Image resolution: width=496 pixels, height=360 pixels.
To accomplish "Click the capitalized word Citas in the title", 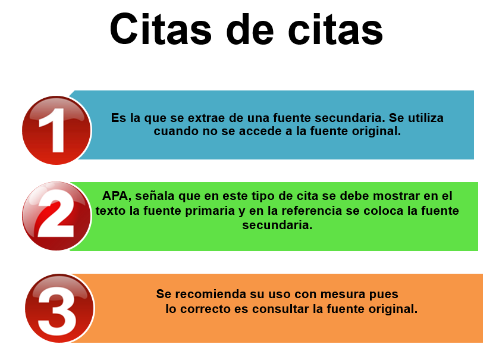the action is click(161, 29).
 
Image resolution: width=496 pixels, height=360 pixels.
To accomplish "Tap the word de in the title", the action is click(250, 29).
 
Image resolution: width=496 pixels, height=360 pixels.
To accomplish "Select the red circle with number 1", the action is click(56, 130).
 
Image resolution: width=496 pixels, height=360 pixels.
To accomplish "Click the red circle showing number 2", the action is click(56, 216).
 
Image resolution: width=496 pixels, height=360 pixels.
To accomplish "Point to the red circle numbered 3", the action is click(59, 308).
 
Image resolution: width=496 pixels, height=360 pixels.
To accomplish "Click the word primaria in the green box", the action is click(210, 211).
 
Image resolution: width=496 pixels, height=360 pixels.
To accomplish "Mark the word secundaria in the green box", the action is click(277, 225).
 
